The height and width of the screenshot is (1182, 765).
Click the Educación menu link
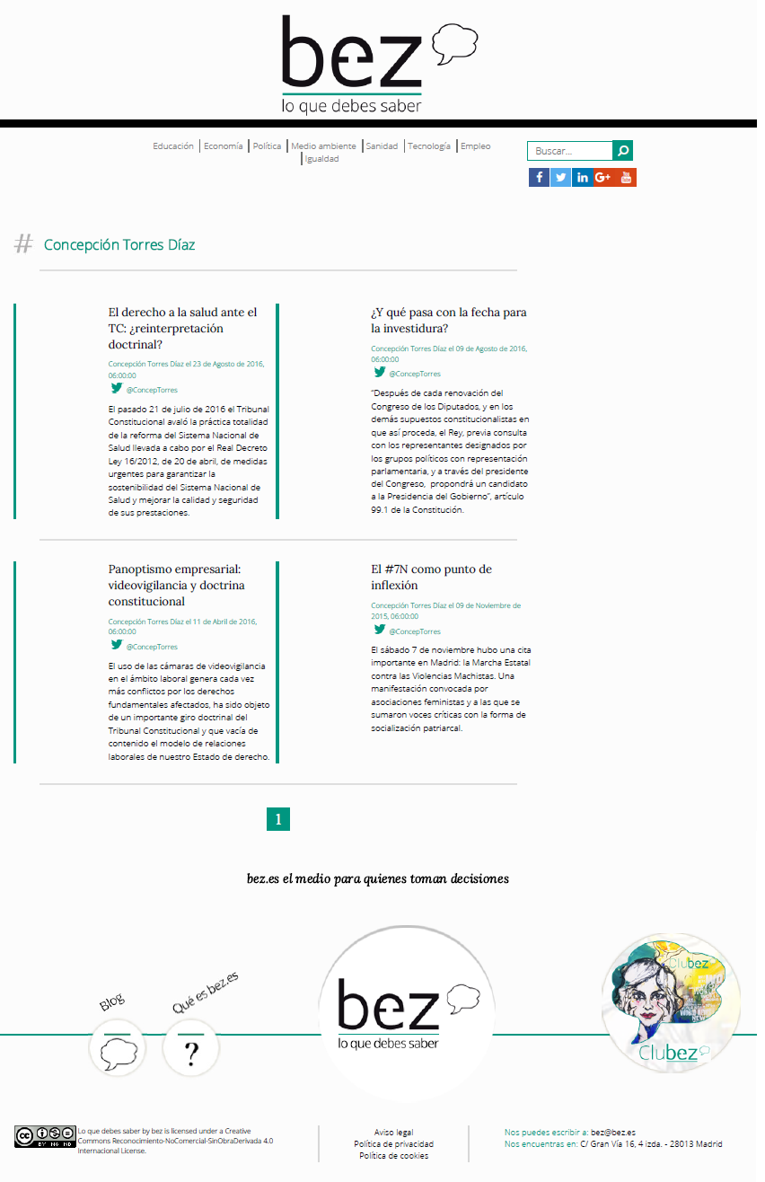click(173, 146)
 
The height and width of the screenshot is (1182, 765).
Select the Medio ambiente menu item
click(323, 146)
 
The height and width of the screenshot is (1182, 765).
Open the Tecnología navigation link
click(429, 146)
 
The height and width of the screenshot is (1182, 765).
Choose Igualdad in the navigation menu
click(322, 159)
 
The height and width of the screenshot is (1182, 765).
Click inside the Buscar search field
click(570, 151)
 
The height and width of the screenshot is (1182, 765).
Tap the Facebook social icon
click(539, 177)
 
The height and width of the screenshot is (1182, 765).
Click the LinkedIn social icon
click(583, 177)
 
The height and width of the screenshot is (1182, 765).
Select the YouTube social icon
click(627, 177)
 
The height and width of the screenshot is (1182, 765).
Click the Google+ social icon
click(603, 177)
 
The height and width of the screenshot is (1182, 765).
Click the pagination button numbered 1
click(278, 819)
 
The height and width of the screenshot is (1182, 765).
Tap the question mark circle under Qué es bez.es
click(190, 1048)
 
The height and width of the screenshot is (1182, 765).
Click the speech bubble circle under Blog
click(118, 1049)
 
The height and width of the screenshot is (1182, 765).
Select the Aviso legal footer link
click(393, 1133)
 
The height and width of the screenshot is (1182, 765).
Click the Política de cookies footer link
click(393, 1156)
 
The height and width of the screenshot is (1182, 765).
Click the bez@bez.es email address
click(613, 1133)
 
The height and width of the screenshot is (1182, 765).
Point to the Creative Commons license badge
click(43, 1137)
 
